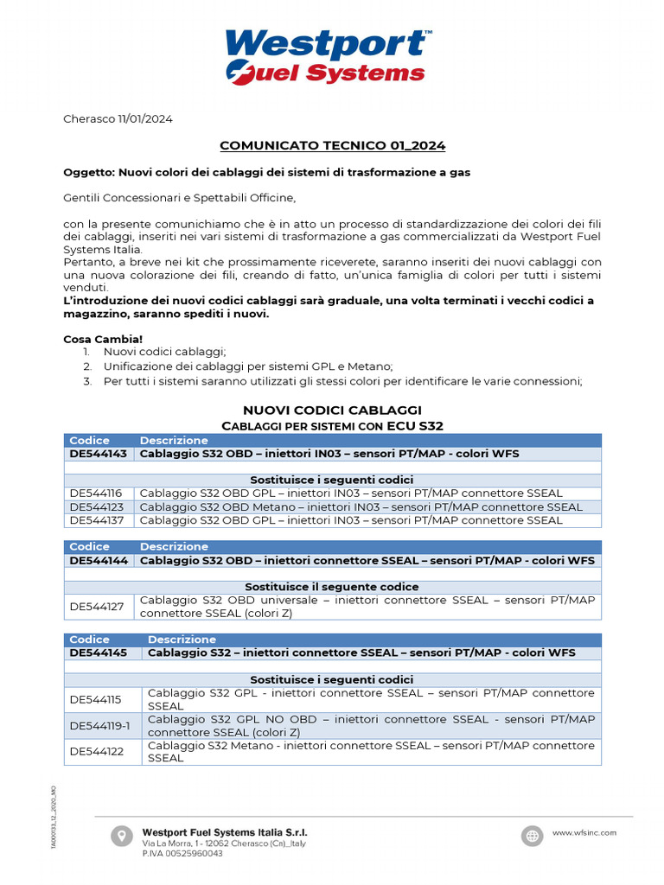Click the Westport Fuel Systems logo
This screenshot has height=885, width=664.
click(x=328, y=56)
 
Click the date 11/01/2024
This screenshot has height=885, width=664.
click(x=145, y=119)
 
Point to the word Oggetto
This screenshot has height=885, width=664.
click(x=88, y=172)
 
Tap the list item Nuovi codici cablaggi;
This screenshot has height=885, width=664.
click(x=164, y=352)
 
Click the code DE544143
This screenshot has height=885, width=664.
click(x=98, y=454)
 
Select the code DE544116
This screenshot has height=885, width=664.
click(x=96, y=493)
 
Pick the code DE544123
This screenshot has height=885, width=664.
click(x=97, y=507)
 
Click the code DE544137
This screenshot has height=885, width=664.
click(x=97, y=520)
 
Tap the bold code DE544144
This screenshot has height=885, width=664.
click(x=98, y=560)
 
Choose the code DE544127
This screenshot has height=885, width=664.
click(x=97, y=607)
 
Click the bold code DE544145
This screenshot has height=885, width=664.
click(x=98, y=653)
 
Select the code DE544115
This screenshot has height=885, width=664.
click(x=96, y=699)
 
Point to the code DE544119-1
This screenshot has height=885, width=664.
click(x=100, y=726)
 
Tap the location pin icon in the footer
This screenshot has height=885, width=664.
click(x=121, y=836)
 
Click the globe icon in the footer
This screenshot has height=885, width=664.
click(x=532, y=836)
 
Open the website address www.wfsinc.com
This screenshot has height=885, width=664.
click(x=584, y=832)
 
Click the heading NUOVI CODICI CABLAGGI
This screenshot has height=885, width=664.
click(x=332, y=410)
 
